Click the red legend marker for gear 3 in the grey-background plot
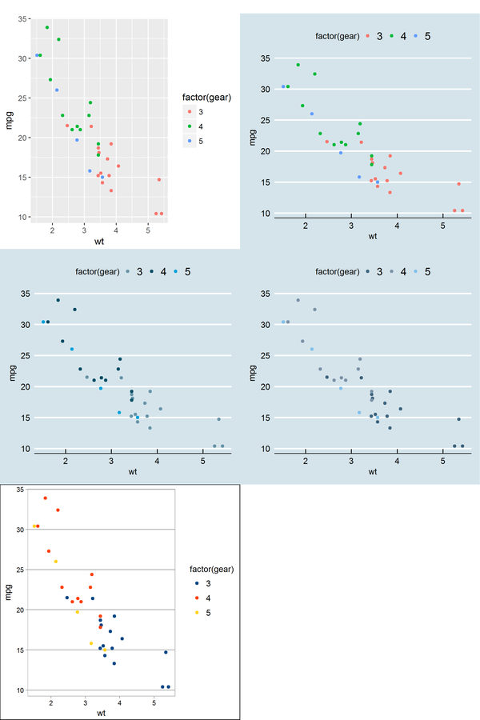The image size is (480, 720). tap(190, 111)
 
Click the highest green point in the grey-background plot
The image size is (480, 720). tap(47, 27)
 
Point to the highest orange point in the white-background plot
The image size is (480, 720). tap(46, 498)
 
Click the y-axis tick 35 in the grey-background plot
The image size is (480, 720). tap(22, 18)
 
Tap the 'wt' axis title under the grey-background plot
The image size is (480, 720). tap(99, 241)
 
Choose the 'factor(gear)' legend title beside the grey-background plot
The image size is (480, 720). tap(207, 98)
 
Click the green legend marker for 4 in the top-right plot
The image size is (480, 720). tap(391, 36)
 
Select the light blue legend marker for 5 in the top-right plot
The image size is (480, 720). tap(415, 36)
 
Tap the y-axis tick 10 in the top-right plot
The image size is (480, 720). tap(263, 214)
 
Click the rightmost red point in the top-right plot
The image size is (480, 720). tap(462, 210)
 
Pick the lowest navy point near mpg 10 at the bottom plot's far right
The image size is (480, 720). tap(169, 686)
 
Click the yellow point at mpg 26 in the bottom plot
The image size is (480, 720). tap(56, 562)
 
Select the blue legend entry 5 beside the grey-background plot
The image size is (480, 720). tap(190, 140)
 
